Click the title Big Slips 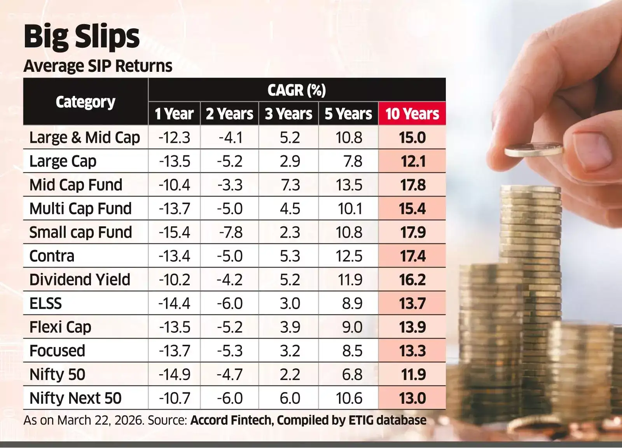pos(82,37)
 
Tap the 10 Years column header pos(412,114)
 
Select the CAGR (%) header pos(297,90)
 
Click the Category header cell pos(86,102)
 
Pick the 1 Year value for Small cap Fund pos(174,233)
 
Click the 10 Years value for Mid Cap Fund pos(412,185)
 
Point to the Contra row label pos(52,256)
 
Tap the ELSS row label pos(45,304)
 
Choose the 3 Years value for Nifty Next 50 pos(290,398)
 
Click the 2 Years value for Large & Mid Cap pos(230,138)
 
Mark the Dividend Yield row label pos(80,280)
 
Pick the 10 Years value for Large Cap pos(412,161)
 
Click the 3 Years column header pos(288,114)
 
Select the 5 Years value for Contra pos(349,256)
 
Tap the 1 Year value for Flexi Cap pos(174,327)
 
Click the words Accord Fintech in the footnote pos(231,420)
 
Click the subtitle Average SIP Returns pos(98,66)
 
